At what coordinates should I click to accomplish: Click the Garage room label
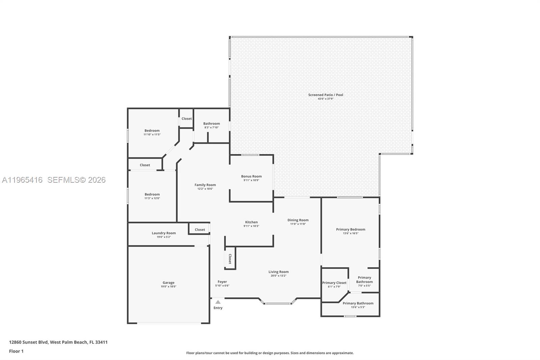click(x=168, y=283)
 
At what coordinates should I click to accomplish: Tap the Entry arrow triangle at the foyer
click(x=218, y=302)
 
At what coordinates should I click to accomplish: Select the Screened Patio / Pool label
click(x=325, y=95)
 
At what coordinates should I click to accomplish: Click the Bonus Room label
click(x=251, y=176)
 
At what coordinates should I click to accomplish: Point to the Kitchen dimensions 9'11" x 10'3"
click(x=251, y=226)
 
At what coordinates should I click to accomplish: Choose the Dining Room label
click(x=298, y=220)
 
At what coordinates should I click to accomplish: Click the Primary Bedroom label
click(x=350, y=229)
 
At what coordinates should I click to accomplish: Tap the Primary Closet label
click(x=334, y=283)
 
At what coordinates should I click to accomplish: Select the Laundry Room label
click(x=164, y=233)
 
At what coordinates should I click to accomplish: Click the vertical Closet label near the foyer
click(x=230, y=259)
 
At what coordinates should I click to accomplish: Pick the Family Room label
click(x=205, y=185)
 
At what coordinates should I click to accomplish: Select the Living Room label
click(x=278, y=272)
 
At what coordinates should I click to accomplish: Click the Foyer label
click(x=222, y=282)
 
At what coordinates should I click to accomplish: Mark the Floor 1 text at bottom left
click(x=16, y=351)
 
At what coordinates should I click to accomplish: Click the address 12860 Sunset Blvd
click(x=29, y=342)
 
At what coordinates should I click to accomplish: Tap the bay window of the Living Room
click(x=277, y=304)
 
